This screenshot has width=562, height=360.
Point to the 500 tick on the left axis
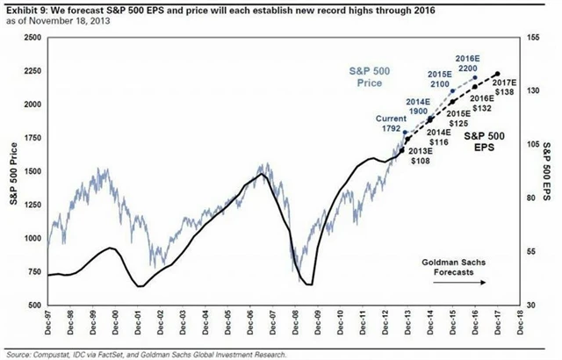coord(32,305)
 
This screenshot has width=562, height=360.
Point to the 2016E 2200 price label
coord(467,63)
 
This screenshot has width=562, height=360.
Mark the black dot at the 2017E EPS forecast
coord(498,75)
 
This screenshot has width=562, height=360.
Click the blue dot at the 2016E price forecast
coord(475,76)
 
